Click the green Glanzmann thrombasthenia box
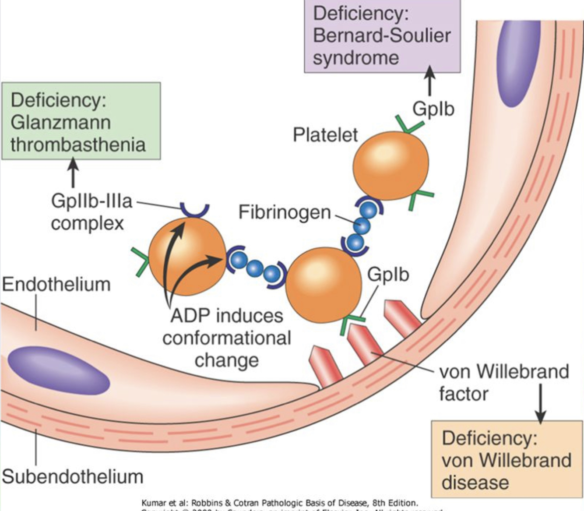click(81, 121)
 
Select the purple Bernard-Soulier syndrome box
click(382, 36)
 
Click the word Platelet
click(325, 135)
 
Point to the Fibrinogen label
click(285, 212)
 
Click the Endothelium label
click(56, 285)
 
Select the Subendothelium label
click(73, 476)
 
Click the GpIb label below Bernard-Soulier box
click(433, 109)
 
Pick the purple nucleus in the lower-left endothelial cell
click(58, 370)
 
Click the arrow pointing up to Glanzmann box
click(73, 172)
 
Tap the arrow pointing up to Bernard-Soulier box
click(430, 81)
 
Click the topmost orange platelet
click(391, 166)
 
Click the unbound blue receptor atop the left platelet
click(195, 210)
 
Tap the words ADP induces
click(227, 316)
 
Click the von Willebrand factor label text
click(503, 382)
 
